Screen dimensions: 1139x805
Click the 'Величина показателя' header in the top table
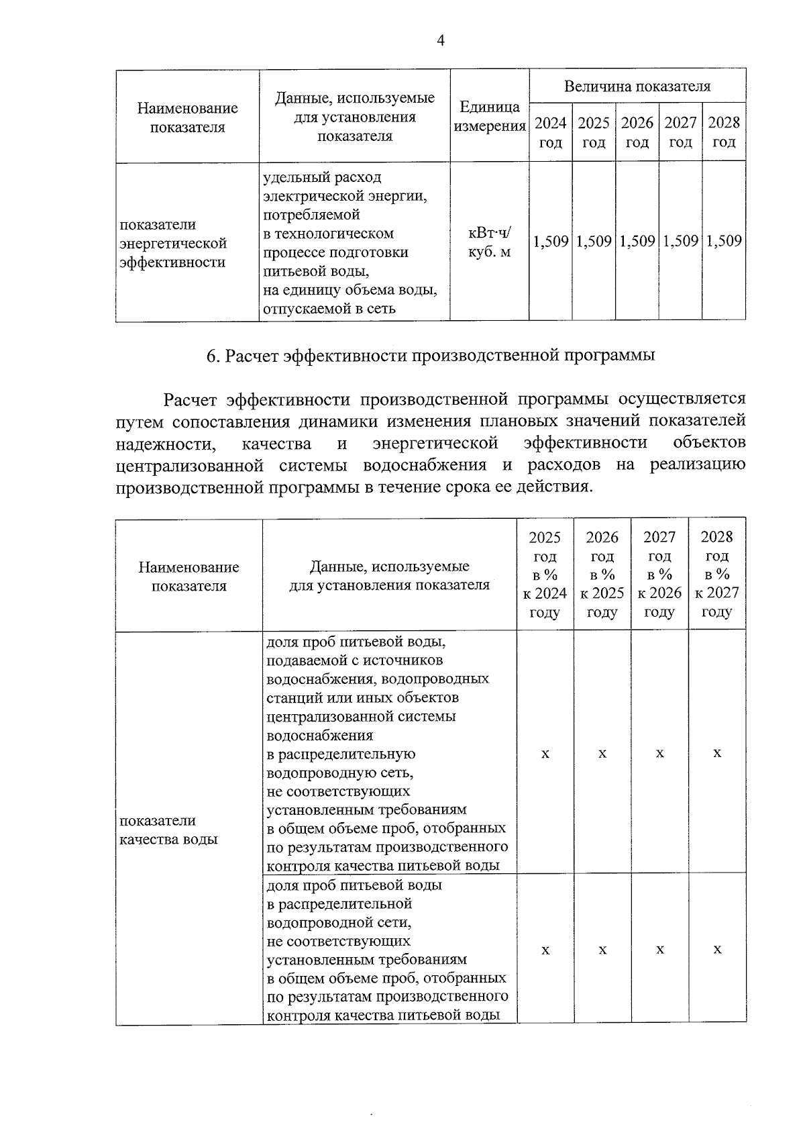coord(637,86)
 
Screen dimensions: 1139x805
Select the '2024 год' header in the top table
coord(550,132)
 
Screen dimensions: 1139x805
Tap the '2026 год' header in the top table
coord(637,132)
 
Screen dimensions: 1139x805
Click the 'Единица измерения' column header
coord(489,117)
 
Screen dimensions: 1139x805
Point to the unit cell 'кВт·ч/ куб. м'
coord(489,242)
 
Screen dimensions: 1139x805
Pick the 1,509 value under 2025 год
coord(594,241)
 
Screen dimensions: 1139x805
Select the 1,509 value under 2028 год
coord(724,241)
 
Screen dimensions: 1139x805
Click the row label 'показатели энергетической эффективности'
coord(173,243)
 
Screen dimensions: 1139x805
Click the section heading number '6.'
coord(213,356)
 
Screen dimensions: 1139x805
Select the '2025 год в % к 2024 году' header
coord(545,575)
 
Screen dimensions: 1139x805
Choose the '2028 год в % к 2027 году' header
coord(716,575)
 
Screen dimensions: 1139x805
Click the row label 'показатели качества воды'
coord(168,830)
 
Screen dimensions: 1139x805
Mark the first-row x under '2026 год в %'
coord(602,754)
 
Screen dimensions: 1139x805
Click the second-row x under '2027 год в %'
coord(660,950)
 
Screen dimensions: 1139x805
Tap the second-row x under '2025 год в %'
coord(545,950)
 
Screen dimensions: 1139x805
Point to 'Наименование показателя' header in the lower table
coord(189,577)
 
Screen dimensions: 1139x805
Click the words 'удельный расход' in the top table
coord(323,178)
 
